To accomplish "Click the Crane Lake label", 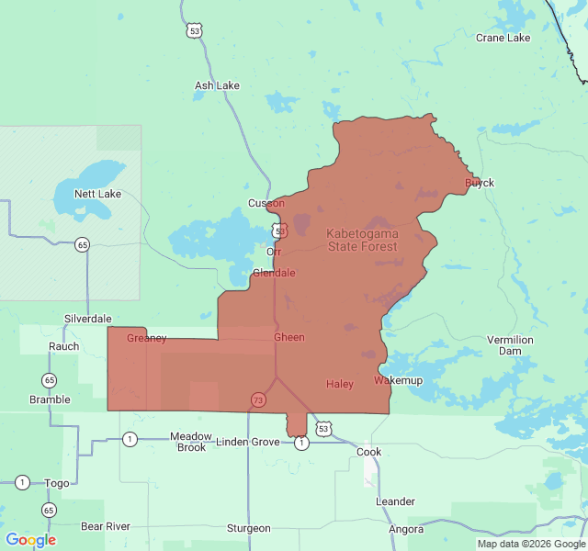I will point(503,38).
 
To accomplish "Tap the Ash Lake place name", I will point(217,85).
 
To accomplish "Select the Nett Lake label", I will point(97,194).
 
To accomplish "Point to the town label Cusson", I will point(266,203).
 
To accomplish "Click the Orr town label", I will point(274,252).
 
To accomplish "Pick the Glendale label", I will point(274,273).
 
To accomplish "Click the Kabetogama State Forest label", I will point(363,241).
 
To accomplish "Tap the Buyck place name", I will point(480,183).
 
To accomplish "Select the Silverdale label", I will point(87,319).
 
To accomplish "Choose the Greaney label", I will point(147,338).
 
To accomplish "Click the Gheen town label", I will point(288,337).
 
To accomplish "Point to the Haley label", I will point(340,384).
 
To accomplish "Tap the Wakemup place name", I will point(398,380).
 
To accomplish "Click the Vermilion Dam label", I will point(510,345).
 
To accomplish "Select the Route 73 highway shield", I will point(258,400).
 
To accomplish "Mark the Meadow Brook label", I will point(191,442).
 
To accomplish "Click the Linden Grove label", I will point(247,442).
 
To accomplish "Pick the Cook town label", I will point(368,452).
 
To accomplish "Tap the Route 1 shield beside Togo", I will point(22,482).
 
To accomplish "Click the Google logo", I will point(30,540).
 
